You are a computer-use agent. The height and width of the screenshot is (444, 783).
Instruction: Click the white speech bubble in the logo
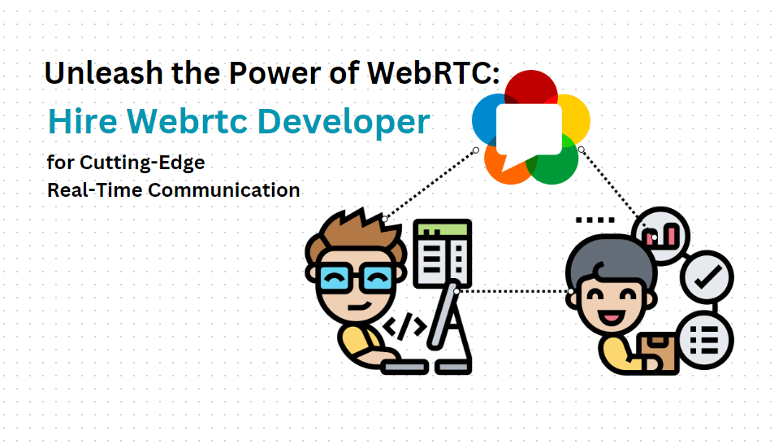point(528,130)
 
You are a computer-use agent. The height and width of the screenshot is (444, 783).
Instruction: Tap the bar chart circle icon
point(661,236)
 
